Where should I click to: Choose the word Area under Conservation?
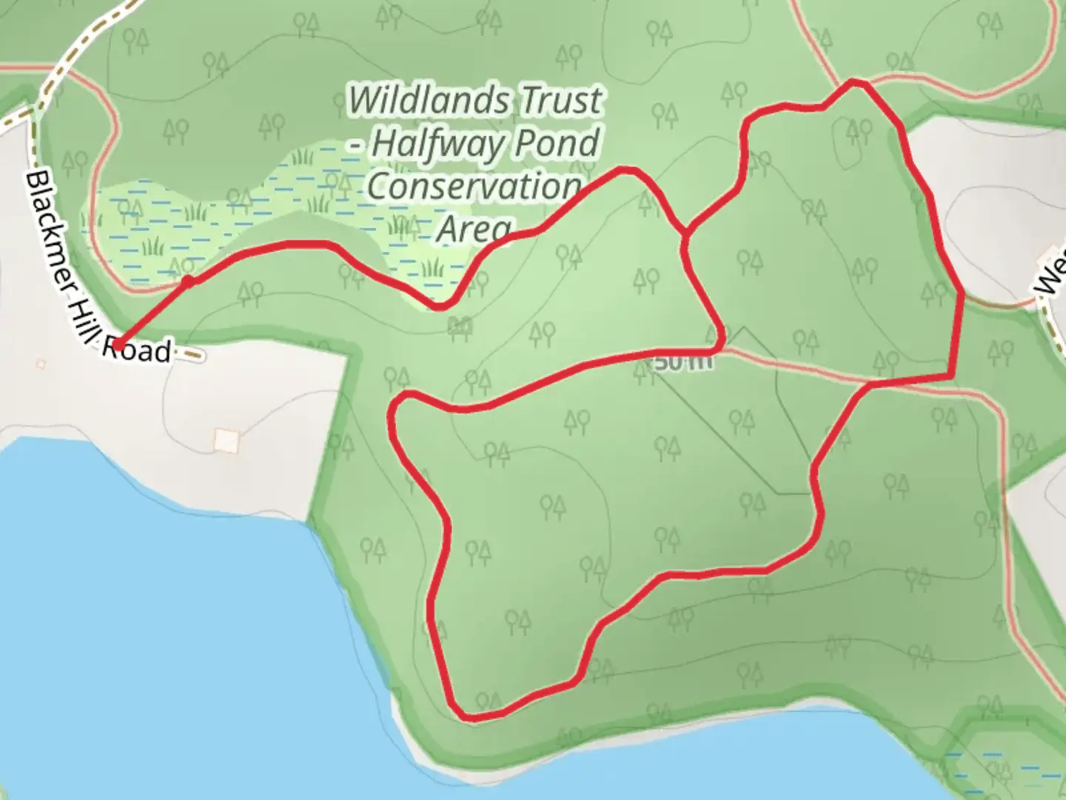click(474, 229)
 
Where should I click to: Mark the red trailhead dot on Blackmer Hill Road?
click(118, 344)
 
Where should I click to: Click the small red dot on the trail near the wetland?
click(189, 281)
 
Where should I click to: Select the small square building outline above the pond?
click(227, 441)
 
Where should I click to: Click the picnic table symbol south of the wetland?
click(460, 326)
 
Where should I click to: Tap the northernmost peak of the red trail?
click(856, 81)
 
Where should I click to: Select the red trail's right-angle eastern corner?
click(952, 376)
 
